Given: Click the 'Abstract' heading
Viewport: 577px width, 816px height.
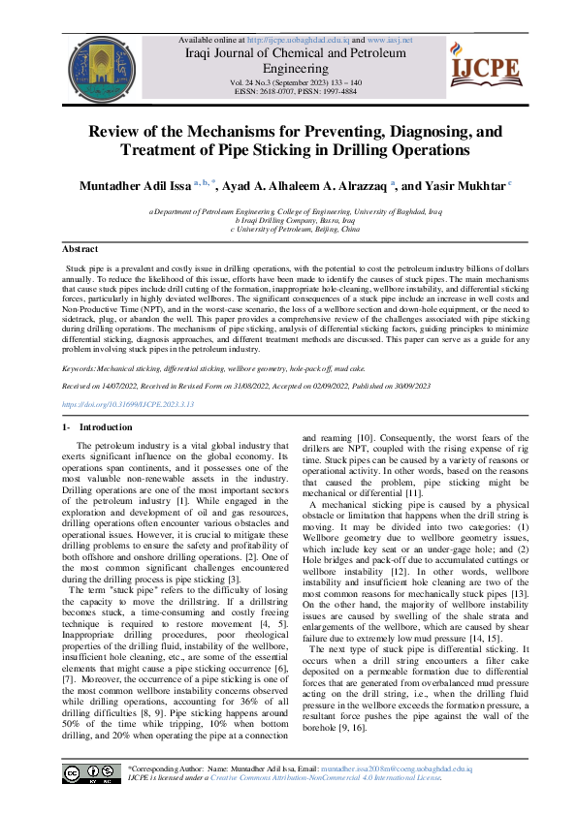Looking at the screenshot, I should coord(80,250).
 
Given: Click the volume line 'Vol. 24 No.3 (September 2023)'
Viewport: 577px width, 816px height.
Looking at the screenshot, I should coord(296,83).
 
